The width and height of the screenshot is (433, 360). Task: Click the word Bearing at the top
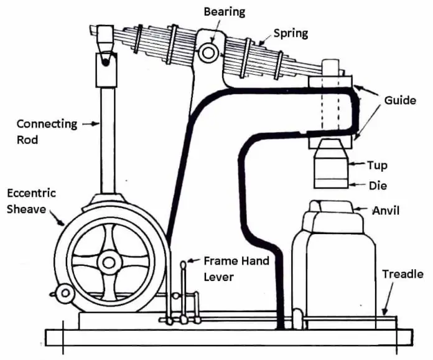224,12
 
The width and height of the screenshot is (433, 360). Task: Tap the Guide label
399,100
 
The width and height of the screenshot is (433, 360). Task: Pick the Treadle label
403,274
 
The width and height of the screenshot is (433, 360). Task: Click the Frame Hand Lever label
236,268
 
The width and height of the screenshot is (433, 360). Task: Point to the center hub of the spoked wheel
110,261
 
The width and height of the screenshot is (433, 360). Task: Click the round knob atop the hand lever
184,264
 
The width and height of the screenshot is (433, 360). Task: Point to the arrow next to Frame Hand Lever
194,260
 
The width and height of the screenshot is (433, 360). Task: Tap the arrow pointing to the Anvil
363,211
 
